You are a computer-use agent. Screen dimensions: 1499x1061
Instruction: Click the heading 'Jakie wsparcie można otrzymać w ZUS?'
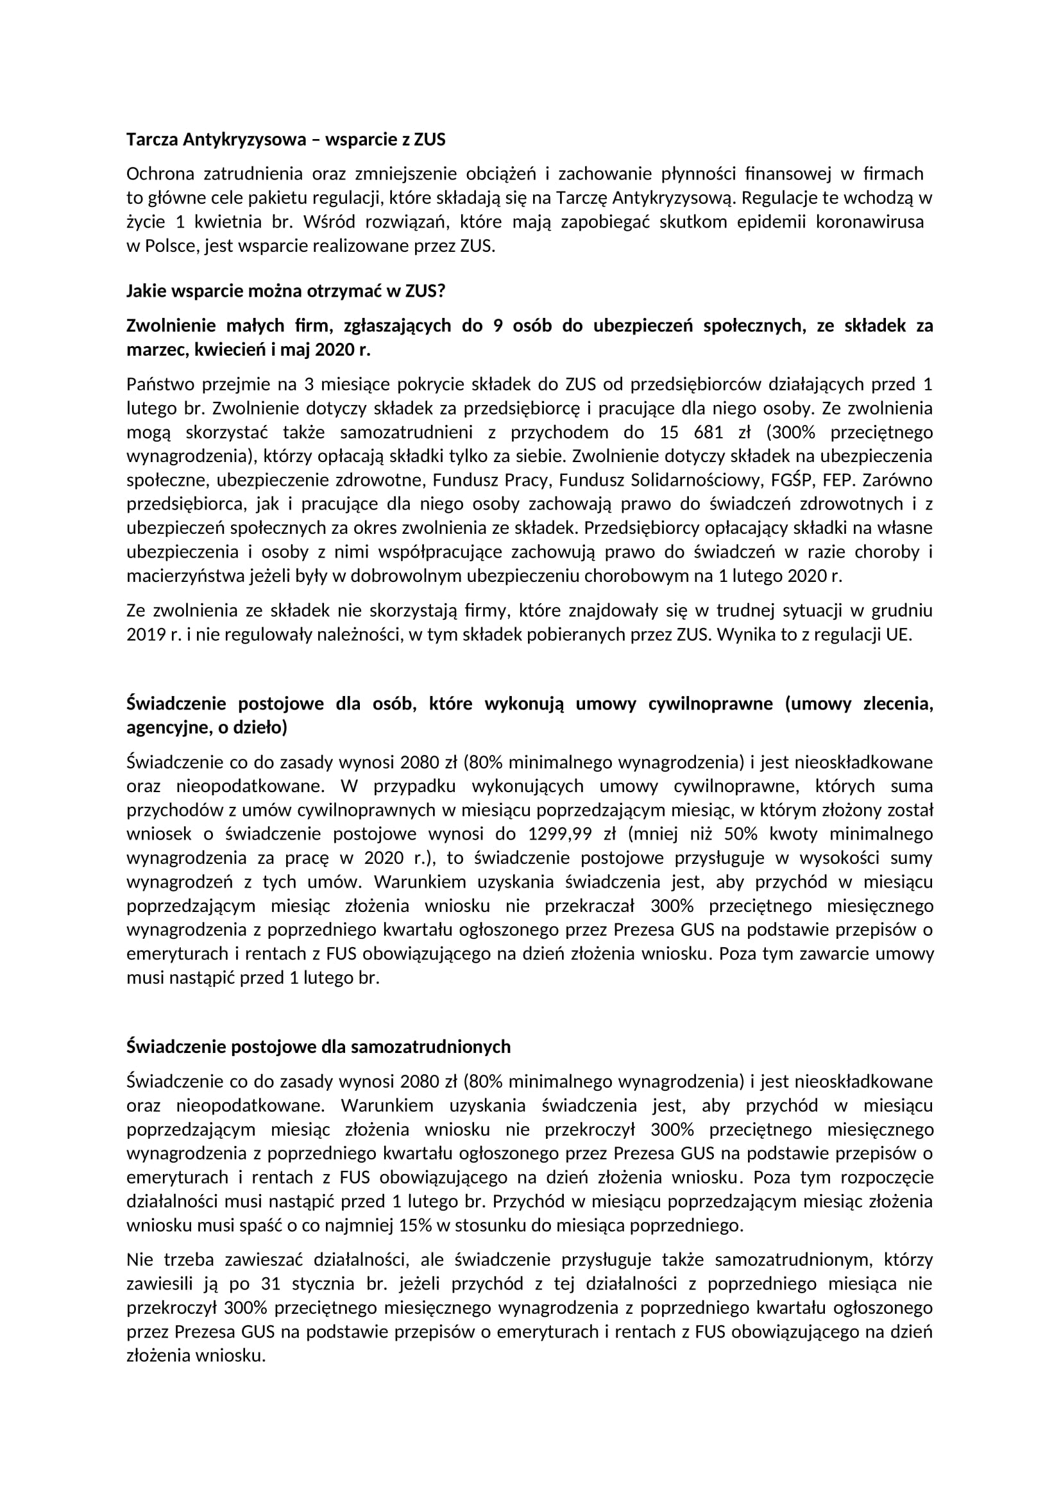point(285,291)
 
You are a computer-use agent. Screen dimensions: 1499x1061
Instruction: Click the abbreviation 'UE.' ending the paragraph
point(898,634)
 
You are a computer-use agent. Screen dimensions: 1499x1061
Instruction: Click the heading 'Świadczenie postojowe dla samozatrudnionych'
point(318,1047)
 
